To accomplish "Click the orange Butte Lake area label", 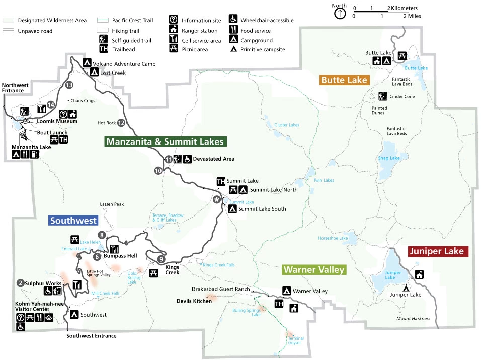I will tap(344, 80).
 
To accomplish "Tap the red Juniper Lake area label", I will tap(439, 251).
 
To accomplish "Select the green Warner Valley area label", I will tap(314, 270).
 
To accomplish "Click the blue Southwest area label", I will tap(73, 221).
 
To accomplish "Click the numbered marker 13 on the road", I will tap(69, 85).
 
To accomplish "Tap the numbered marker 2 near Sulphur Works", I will tap(20, 283).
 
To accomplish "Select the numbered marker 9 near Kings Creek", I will tap(160, 259).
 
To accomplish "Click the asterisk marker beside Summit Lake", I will tap(217, 200).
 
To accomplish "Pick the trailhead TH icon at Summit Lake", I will tap(220, 181).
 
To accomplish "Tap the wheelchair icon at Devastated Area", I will tap(187, 159).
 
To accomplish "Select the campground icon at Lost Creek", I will tap(94, 73).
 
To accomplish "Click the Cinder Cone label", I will tap(402, 96).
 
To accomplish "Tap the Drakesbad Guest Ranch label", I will tap(221, 289).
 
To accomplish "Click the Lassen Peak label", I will tap(111, 204).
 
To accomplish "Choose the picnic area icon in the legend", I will tap(173, 49).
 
